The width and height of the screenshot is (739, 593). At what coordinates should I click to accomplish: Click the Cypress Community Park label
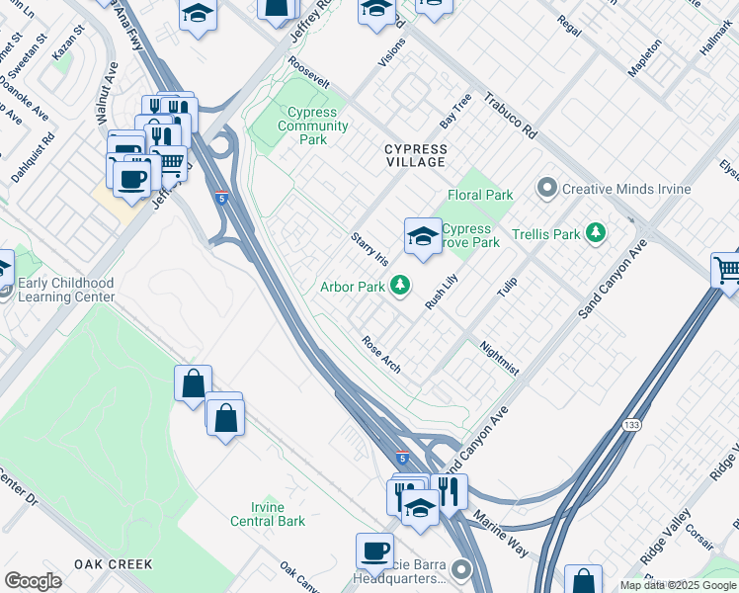[x=312, y=127]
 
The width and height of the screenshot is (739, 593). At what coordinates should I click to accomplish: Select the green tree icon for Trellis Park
[x=595, y=233]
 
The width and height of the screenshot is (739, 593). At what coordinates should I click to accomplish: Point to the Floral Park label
[x=480, y=196]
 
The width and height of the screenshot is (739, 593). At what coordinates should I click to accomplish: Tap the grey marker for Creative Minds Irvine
[x=546, y=188]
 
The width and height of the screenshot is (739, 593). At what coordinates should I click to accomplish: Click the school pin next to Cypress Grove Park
[x=423, y=237]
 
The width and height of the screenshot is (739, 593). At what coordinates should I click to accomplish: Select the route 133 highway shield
[x=630, y=424]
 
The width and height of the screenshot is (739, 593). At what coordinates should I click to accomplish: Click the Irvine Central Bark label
[x=268, y=514]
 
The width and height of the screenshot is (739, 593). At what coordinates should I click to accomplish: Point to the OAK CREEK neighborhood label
[x=114, y=564]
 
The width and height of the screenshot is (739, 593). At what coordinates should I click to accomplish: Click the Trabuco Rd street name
[x=509, y=117]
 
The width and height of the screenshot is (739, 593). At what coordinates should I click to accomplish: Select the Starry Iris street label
[x=369, y=248]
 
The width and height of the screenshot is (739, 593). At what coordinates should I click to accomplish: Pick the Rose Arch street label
[x=381, y=355]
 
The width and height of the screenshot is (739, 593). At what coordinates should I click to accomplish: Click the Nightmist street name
[x=499, y=359]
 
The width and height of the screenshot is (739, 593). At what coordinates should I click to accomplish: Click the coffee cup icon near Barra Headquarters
[x=374, y=551]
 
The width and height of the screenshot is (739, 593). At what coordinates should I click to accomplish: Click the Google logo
[x=33, y=581]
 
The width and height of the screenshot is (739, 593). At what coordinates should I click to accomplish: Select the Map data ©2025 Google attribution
[x=677, y=585]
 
